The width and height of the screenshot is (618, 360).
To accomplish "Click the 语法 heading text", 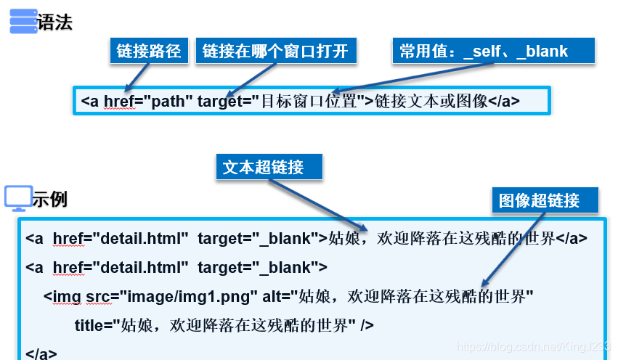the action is pos(55,22).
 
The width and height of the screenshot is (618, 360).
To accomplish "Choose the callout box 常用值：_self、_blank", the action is pos(493,51).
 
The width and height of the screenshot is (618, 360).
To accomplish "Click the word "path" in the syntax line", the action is pos(168,101).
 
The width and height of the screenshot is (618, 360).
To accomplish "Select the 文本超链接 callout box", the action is pos(269,167).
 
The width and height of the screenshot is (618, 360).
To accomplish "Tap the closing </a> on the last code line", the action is pos(41,353).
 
